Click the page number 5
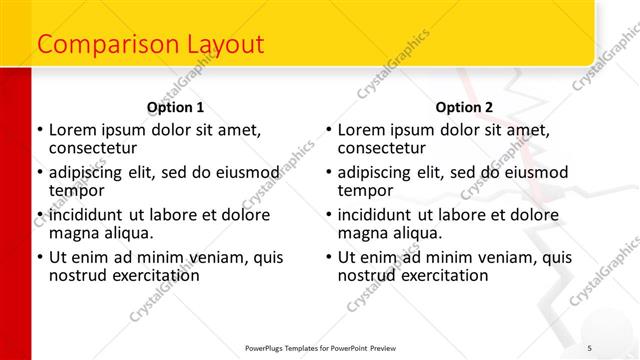590,347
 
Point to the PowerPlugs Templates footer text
321,347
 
